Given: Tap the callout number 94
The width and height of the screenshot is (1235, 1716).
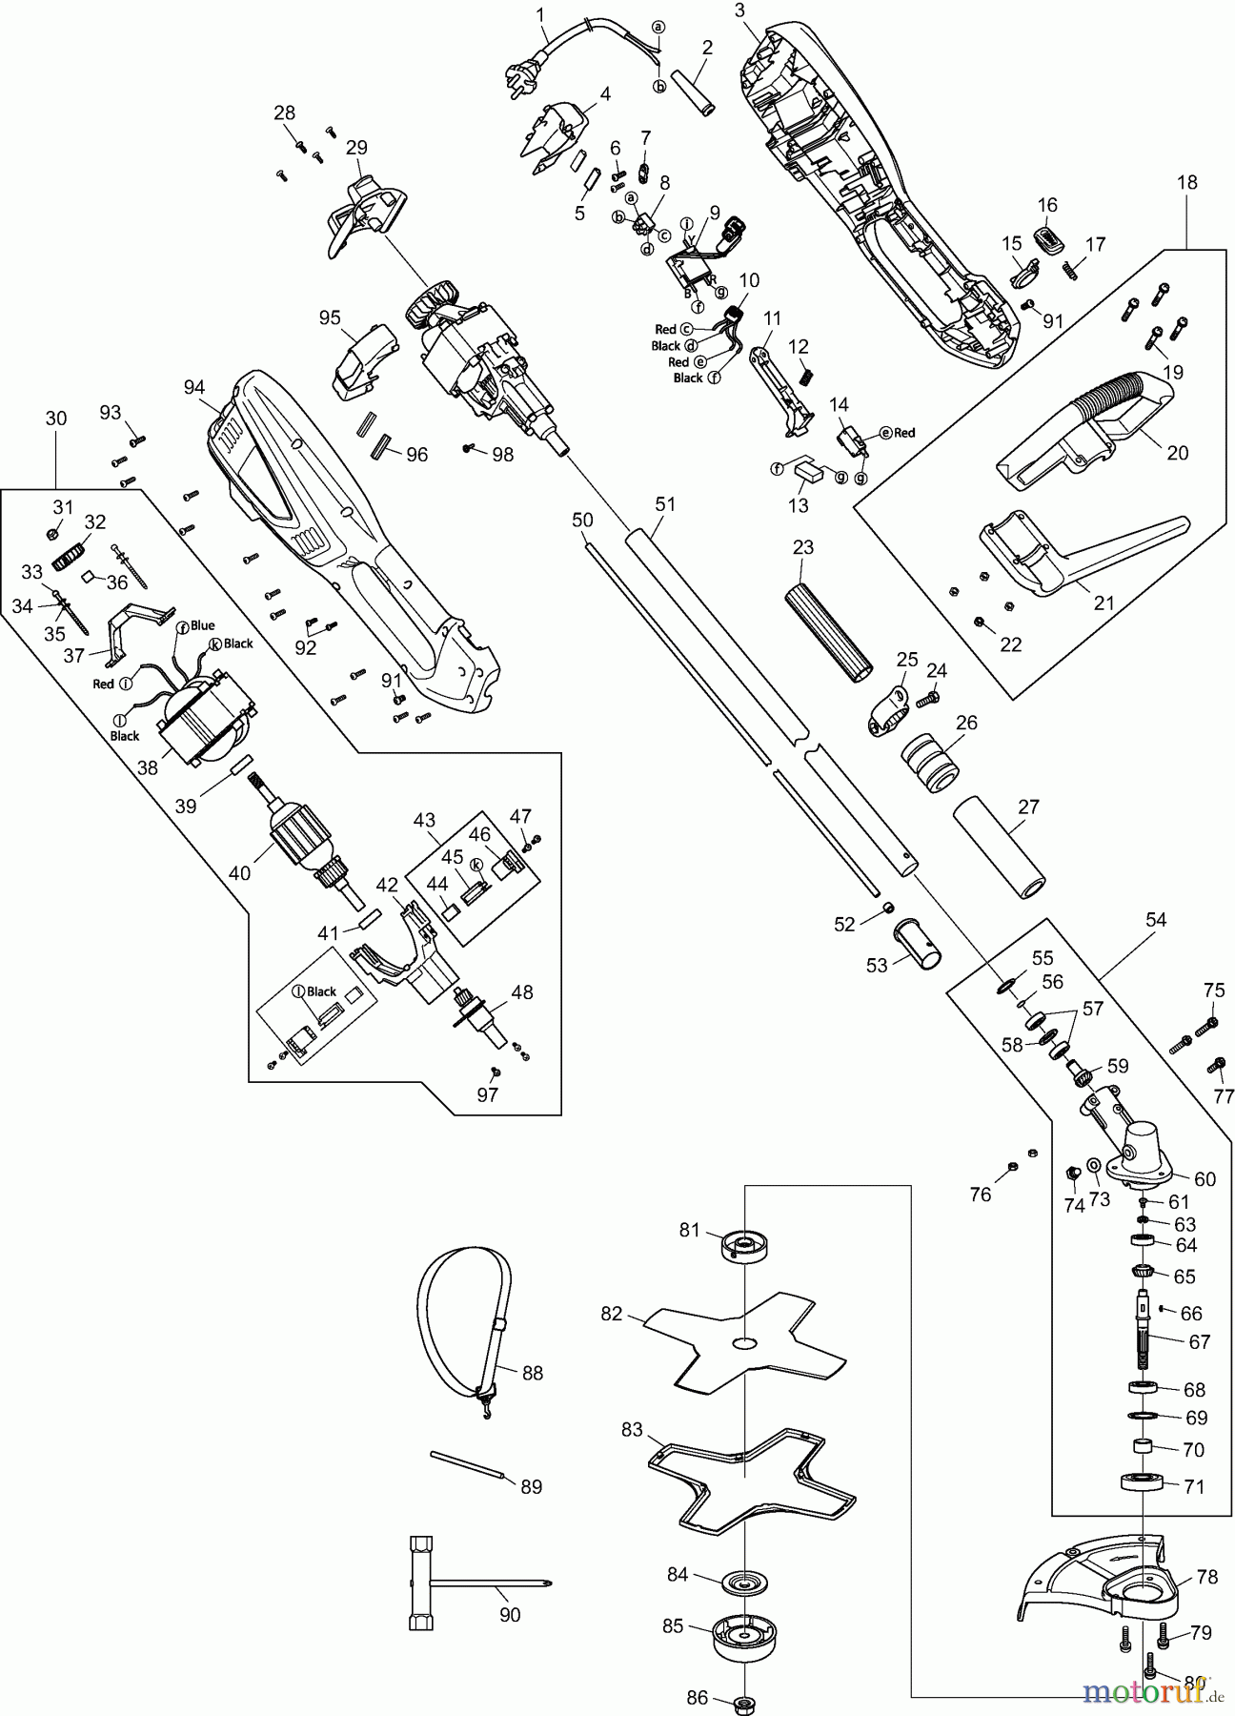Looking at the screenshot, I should [194, 386].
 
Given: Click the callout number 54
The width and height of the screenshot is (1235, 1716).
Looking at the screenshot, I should [1156, 919].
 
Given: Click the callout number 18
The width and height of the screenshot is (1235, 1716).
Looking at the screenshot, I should [1186, 181].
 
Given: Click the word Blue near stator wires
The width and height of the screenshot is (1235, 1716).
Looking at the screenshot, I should [202, 626].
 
